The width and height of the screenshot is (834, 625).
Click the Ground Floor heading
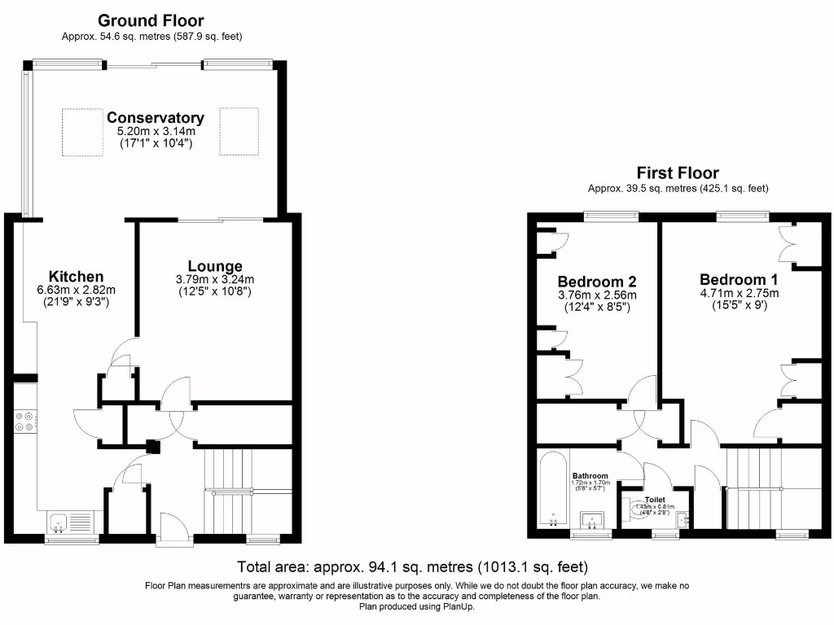pos(151,20)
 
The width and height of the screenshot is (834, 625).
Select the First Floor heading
pos(678,173)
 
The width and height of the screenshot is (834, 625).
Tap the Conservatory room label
pos(155,118)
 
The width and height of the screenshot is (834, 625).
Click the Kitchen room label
pos(76,276)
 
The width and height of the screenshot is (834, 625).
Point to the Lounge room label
pos(215,266)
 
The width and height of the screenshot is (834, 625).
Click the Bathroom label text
pos(590,476)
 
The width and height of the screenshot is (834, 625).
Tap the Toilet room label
pos(655,500)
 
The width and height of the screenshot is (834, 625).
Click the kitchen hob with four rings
pos(24,421)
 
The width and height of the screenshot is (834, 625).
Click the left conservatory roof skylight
pos(82,132)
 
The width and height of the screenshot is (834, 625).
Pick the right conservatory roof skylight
pos(239,132)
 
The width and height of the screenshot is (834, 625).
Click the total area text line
pos(412,566)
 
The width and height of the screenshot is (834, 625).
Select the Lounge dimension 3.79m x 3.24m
pos(215,280)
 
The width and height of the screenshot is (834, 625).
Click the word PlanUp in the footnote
pos(458,606)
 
